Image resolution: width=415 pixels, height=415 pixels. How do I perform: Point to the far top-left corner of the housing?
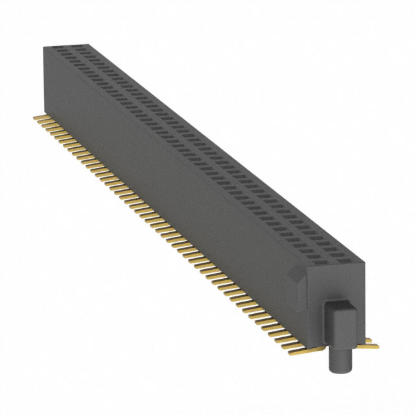43,47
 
